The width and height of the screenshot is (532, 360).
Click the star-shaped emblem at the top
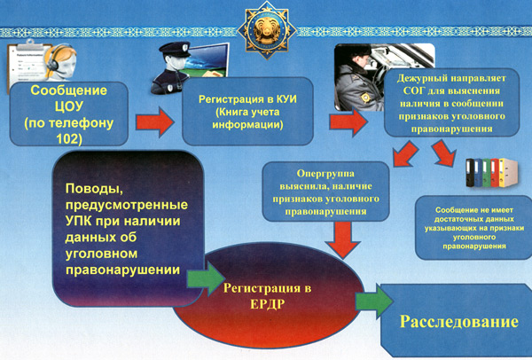(x=266, y=29)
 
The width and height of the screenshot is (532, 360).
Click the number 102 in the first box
(x=69, y=139)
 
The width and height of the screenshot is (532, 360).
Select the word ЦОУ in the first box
(x=69, y=106)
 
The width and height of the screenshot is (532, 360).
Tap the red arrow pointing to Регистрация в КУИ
(x=155, y=122)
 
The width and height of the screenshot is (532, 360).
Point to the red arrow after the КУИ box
(x=348, y=121)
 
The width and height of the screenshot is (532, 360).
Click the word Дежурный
(x=420, y=78)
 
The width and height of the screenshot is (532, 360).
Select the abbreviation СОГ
(x=414, y=91)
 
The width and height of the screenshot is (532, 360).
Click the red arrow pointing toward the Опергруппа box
(x=405, y=154)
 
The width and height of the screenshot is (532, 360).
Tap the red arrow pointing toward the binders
(x=444, y=153)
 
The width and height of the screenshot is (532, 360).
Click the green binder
(x=486, y=173)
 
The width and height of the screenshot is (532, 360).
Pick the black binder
(x=470, y=173)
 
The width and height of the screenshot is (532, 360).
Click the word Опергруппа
(x=325, y=174)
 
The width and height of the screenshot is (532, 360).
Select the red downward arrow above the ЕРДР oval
(x=342, y=239)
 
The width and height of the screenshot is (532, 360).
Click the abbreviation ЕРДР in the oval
(x=267, y=304)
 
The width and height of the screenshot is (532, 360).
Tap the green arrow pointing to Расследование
(x=374, y=301)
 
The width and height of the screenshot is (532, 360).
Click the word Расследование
(x=459, y=321)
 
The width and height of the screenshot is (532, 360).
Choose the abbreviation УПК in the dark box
(x=78, y=221)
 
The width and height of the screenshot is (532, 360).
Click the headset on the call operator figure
(x=54, y=62)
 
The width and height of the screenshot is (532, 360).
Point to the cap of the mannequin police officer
(x=175, y=49)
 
